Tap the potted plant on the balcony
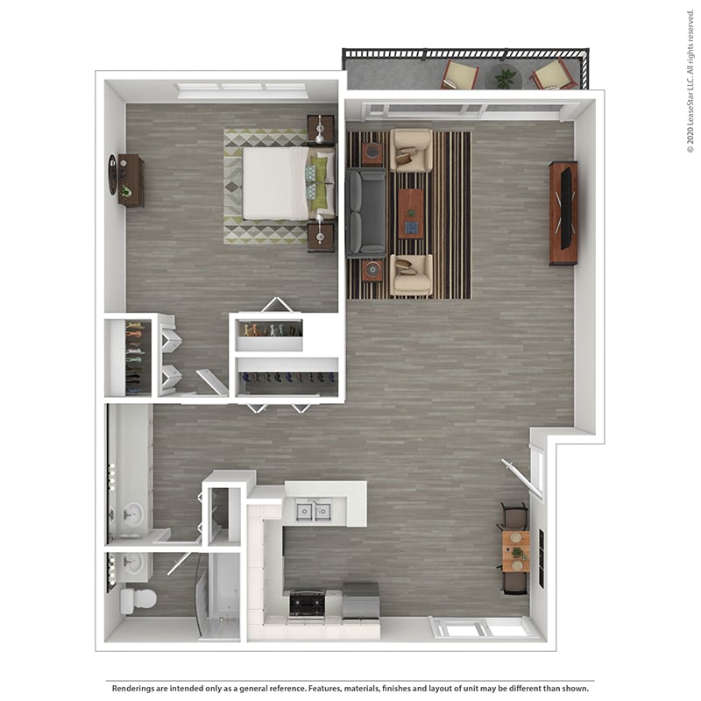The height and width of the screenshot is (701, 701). pyautogui.click(x=506, y=78)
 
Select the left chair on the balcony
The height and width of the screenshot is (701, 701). pyautogui.click(x=459, y=74)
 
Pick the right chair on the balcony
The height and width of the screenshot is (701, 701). pyautogui.click(x=551, y=74)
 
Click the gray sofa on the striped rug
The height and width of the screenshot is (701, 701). pyautogui.click(x=365, y=212)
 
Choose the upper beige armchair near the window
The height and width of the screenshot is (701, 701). pyautogui.click(x=411, y=151)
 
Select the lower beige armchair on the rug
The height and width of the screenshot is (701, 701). pyautogui.click(x=411, y=274)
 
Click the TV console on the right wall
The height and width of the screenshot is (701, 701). pyautogui.click(x=563, y=213)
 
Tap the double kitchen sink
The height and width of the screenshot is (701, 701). pyautogui.click(x=313, y=510)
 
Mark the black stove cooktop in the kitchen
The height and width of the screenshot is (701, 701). pyautogui.click(x=308, y=603)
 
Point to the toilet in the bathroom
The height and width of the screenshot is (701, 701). pyautogui.click(x=138, y=599)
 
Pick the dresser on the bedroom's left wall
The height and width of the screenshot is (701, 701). pyautogui.click(x=131, y=181)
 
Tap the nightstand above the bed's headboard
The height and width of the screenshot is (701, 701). pyautogui.click(x=321, y=129)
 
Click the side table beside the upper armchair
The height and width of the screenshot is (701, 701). pyautogui.click(x=372, y=154)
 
